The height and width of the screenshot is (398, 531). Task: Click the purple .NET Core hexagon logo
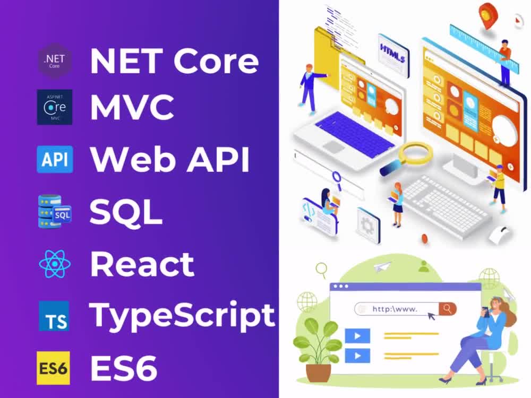54,61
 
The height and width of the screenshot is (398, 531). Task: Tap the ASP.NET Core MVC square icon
55,107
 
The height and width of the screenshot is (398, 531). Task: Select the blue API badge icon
55,159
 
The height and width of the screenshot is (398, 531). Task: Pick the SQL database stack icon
55,211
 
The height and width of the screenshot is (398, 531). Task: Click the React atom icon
55,264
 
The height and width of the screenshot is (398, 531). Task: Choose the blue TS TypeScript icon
54,316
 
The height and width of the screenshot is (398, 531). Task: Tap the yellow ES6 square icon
53,368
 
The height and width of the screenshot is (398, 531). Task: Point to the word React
142,264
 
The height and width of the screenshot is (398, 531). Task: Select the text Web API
170,159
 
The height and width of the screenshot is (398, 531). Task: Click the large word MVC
132,107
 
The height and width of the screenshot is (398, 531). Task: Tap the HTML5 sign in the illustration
393,54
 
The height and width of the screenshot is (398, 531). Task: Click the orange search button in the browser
447,309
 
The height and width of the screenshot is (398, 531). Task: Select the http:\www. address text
395,309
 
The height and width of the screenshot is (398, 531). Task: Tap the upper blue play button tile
357,336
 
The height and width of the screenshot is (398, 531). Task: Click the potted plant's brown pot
318,373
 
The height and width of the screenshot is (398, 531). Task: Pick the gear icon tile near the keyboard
368,225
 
